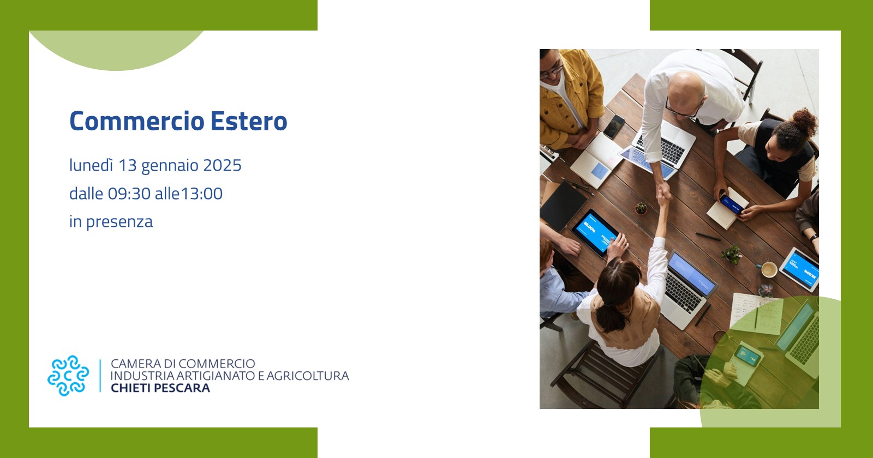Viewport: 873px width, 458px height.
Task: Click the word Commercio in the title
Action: [137, 121]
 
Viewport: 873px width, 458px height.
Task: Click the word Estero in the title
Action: [249, 121]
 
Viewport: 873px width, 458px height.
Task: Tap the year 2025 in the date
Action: [222, 166]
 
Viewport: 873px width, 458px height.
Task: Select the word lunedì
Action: [91, 165]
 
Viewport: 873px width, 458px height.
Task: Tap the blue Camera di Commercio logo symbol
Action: [68, 376]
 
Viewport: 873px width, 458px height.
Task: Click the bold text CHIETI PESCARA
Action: [160, 388]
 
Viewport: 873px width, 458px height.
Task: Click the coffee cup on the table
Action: [769, 269]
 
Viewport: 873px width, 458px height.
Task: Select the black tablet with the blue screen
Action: [595, 232]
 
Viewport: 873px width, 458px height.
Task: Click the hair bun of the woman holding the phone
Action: [804, 121]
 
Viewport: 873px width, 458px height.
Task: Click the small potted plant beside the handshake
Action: [641, 208]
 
